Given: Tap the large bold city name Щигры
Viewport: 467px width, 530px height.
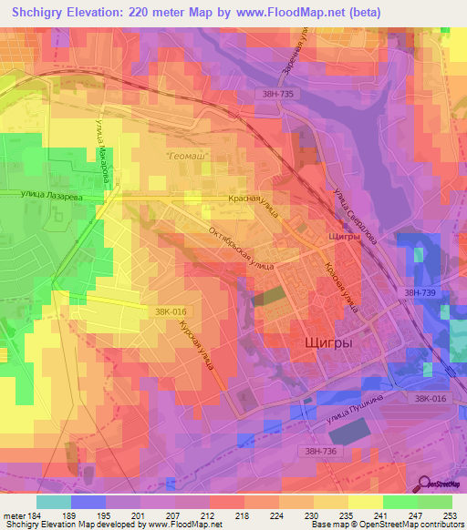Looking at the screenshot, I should pyautogui.click(x=327, y=342).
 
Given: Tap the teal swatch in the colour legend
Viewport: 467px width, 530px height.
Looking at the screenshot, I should pyautogui.click(x=54, y=502).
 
